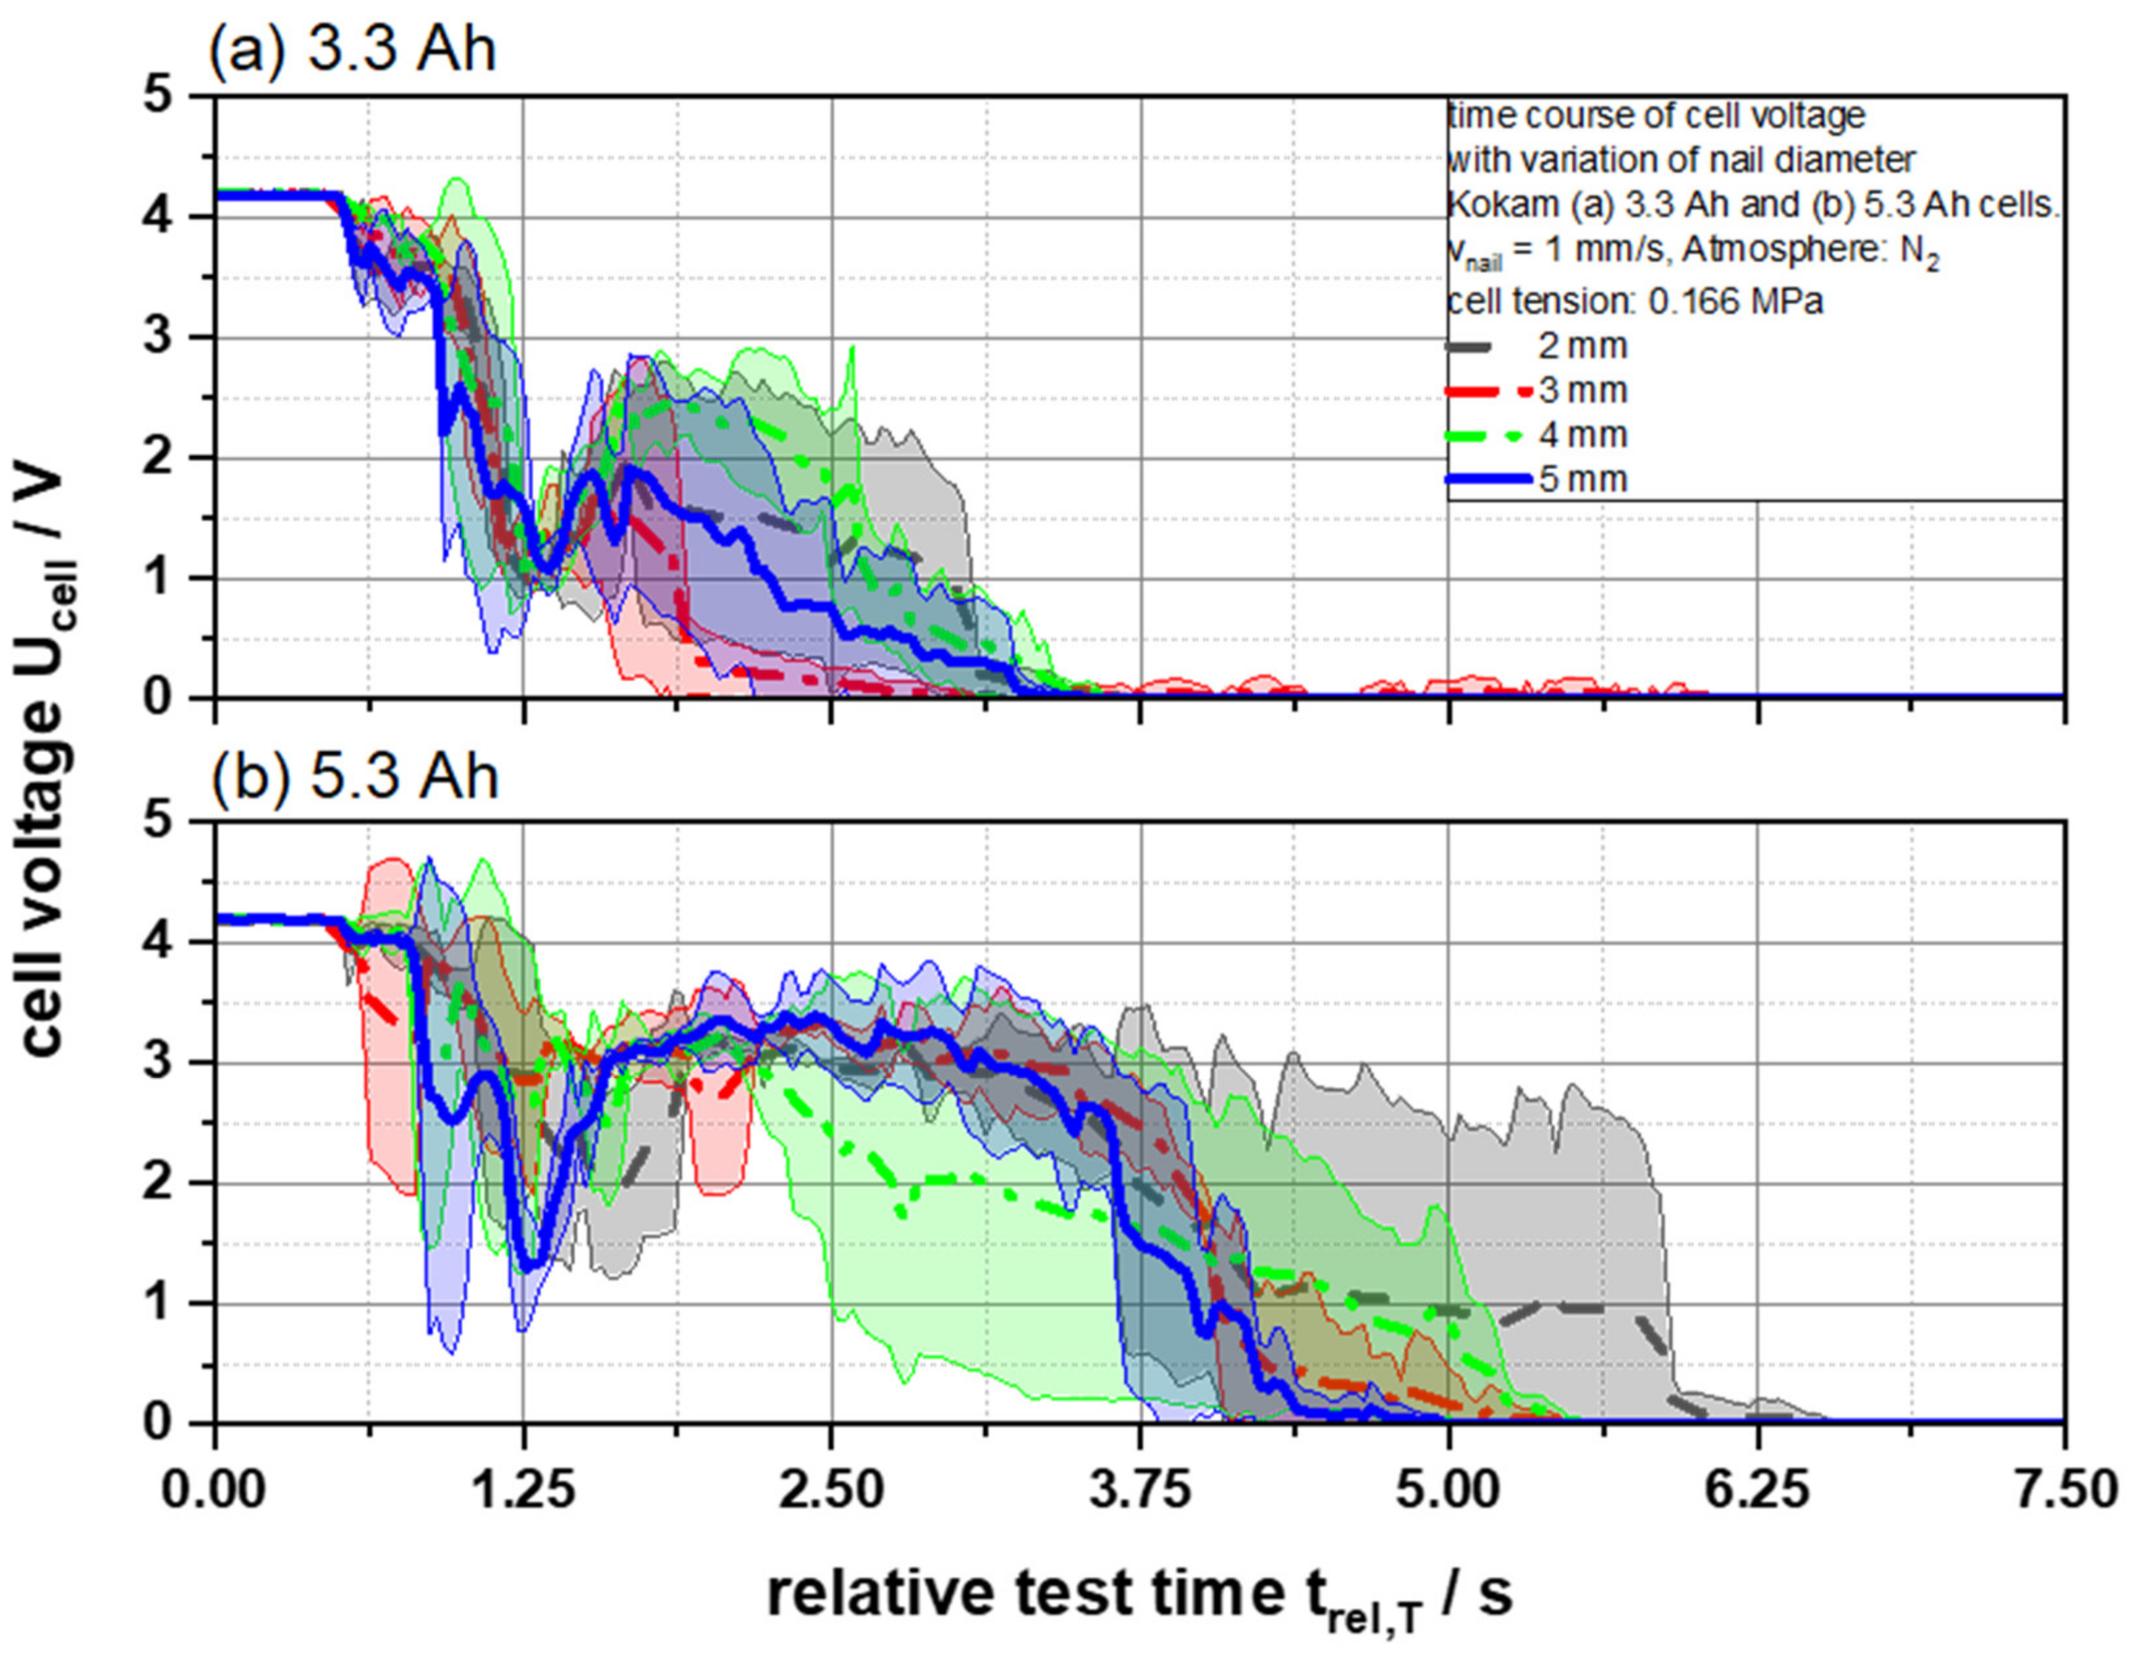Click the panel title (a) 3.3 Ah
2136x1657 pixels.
click(x=352, y=49)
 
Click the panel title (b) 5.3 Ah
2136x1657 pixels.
click(x=355, y=777)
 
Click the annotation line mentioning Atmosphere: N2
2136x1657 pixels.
click(x=1692, y=252)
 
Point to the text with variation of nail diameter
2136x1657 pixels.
click(x=1680, y=159)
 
